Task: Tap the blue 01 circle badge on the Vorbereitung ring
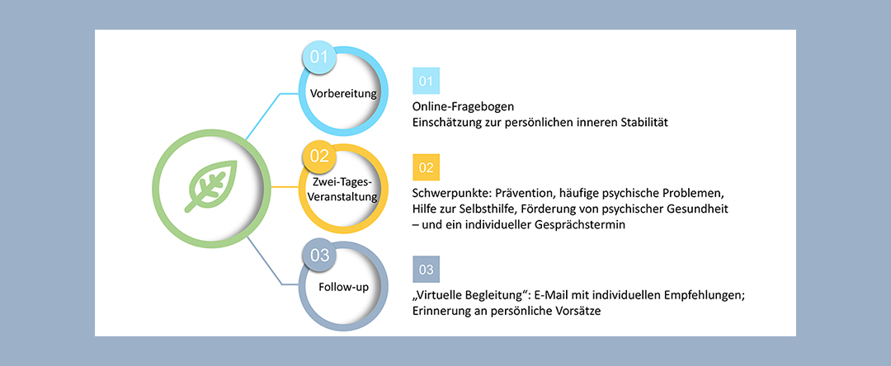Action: coord(318,58)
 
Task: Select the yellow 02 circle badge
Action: coord(319,157)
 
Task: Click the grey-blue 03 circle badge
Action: coord(319,255)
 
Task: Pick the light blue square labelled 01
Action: coord(426,81)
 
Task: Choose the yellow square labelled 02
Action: coord(426,167)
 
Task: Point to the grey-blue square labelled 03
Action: coord(426,270)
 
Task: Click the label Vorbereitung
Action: coord(343,93)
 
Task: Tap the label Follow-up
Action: coord(343,287)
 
